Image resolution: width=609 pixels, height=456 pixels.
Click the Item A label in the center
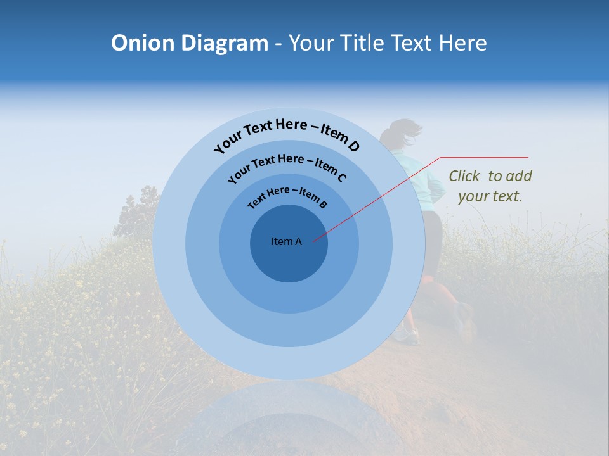[286, 241]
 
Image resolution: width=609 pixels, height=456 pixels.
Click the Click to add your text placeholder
[490, 186]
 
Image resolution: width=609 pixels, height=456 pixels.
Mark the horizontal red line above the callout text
[484, 157]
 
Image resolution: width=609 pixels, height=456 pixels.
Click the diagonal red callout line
[381, 196]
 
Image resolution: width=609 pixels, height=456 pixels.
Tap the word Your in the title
[313, 43]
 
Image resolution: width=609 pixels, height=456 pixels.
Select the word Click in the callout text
[465, 176]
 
